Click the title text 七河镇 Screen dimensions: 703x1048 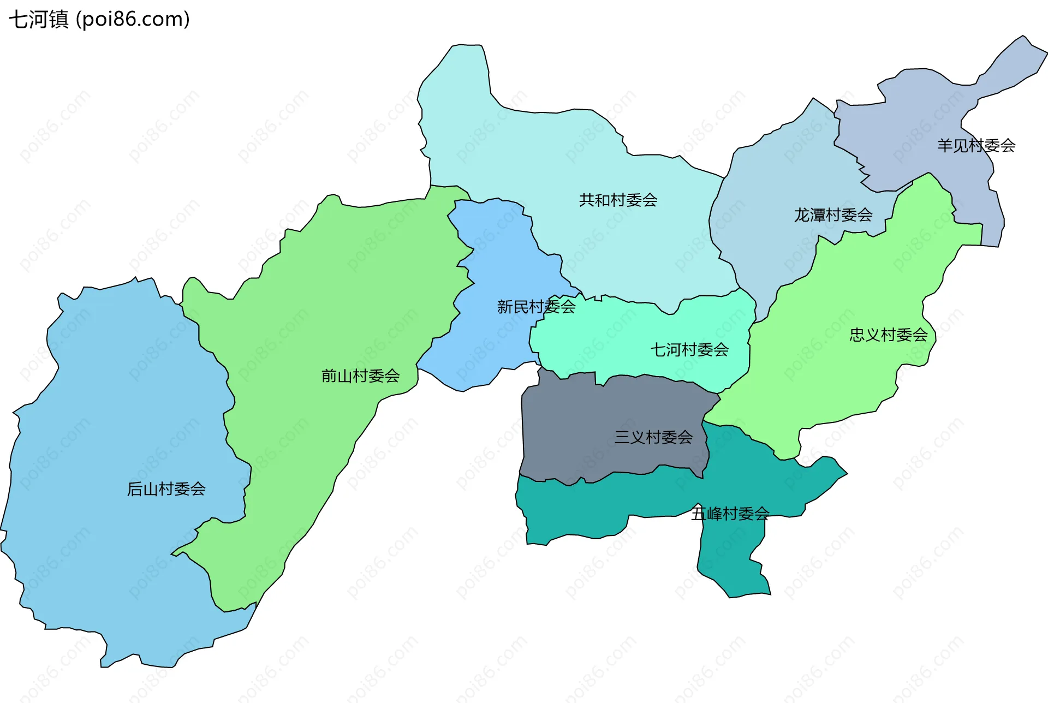pos(38,20)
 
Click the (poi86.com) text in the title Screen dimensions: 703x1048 pos(133,20)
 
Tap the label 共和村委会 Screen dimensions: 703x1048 pos(618,200)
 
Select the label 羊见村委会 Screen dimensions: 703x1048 pos(976,146)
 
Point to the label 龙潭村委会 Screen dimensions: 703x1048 pos(833,215)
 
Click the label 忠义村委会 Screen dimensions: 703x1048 pos(888,335)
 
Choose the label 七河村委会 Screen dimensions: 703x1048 pos(689,350)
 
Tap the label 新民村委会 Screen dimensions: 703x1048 pos(536,307)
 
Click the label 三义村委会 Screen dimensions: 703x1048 pos(653,437)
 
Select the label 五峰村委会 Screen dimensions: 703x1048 pos(730,514)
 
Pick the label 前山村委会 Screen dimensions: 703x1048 pos(360,376)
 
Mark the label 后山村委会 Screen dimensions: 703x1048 pos(166,489)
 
